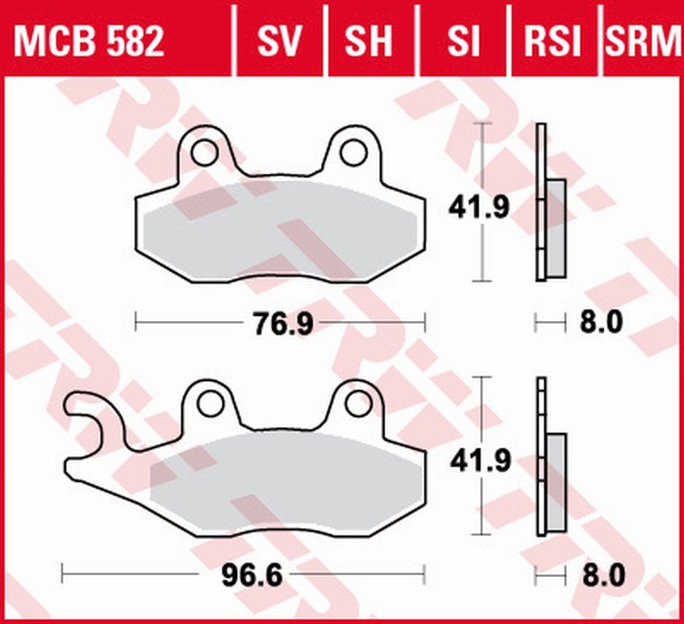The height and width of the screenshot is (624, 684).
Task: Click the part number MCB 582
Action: click(x=89, y=41)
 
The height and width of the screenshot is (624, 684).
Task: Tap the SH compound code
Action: click(x=368, y=41)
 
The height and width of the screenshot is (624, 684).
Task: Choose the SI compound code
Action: click(x=463, y=41)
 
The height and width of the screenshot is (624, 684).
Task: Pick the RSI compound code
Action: click(x=552, y=41)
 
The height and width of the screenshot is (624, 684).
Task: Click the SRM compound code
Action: click(x=642, y=41)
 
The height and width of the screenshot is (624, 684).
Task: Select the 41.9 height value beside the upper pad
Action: click(x=479, y=209)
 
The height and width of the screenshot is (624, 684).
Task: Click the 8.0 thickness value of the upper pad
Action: click(x=602, y=323)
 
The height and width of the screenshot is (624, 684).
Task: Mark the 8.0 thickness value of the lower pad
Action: click(x=602, y=576)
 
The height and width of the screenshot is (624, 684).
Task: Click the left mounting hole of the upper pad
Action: click(x=204, y=151)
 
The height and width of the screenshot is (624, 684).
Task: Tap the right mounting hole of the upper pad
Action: click(x=353, y=151)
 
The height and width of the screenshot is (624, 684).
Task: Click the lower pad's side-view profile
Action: click(x=551, y=479)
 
